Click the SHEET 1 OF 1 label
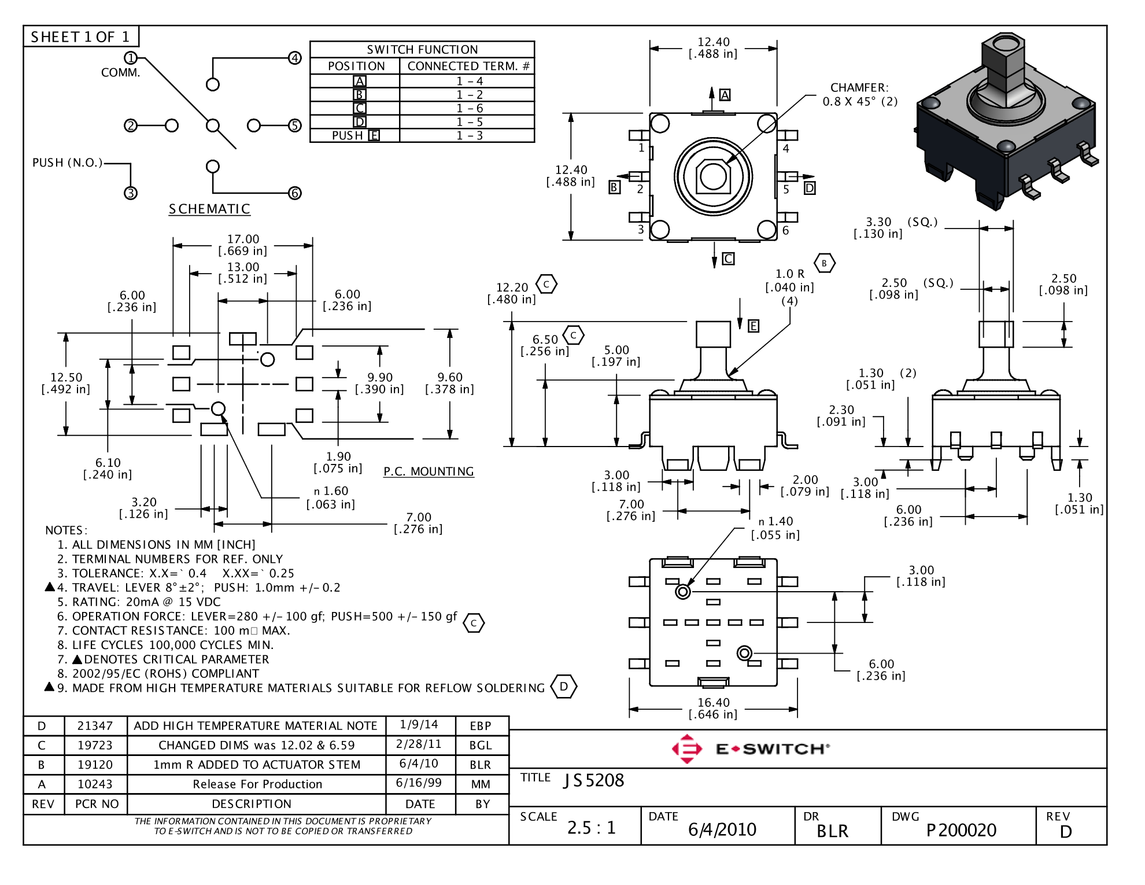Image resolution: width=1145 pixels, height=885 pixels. (80, 37)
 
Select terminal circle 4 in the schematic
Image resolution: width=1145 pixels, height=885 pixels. (295, 58)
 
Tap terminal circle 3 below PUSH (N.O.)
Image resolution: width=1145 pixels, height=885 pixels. (131, 193)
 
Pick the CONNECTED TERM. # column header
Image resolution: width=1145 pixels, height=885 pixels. (468, 66)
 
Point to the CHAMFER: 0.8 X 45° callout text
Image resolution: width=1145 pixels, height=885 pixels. (859, 94)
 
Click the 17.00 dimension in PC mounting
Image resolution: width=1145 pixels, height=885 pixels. (243, 239)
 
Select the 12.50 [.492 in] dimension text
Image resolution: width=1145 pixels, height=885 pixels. (66, 383)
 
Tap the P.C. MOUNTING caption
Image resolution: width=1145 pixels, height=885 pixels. (429, 471)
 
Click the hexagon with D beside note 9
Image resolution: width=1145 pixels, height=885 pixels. (564, 687)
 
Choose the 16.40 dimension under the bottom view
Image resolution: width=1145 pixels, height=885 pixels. (713, 702)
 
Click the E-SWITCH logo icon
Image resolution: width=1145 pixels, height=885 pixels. (686, 749)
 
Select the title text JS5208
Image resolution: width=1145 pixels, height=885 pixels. (594, 780)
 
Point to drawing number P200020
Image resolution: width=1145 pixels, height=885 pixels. (961, 830)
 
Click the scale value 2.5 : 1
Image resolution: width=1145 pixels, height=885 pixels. (591, 828)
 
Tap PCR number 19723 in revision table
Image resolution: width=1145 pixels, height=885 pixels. (95, 745)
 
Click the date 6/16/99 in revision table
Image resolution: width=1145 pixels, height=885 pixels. (419, 783)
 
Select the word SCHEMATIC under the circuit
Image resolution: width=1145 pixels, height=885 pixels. (209, 209)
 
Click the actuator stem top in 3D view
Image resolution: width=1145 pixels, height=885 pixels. (1003, 45)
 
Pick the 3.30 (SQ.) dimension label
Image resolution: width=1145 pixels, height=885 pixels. (893, 222)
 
